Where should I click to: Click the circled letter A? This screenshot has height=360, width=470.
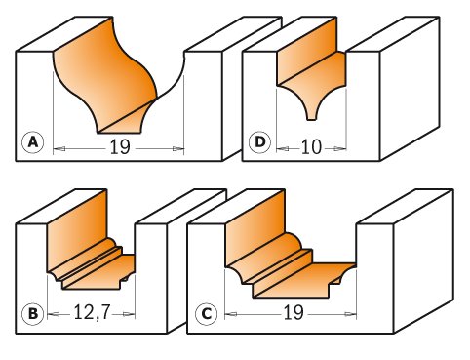click(33, 142)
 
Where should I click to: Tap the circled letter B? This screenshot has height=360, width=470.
click(32, 314)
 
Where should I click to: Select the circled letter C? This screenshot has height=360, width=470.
click(206, 314)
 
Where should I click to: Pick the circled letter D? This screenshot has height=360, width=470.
click(259, 142)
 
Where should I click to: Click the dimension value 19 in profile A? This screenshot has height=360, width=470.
click(120, 147)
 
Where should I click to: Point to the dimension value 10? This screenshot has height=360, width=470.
click(311, 147)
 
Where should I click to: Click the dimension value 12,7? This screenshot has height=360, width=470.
click(93, 313)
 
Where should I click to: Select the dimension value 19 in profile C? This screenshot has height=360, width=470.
click(294, 313)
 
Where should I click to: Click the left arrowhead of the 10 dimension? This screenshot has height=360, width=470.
click(282, 149)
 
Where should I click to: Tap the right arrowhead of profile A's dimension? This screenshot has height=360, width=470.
click(178, 149)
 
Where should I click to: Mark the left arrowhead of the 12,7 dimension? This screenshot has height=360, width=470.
click(54, 314)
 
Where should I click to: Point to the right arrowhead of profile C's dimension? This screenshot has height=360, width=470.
click(351, 314)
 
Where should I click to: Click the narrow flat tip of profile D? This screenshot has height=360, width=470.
click(311, 120)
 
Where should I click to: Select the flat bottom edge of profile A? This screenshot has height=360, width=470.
click(119, 133)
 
